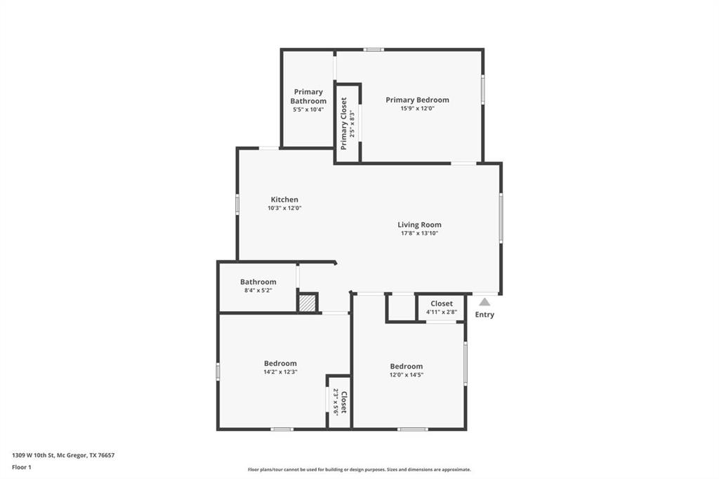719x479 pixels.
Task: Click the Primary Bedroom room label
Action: click(417, 100)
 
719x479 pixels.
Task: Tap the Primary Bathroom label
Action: click(308, 96)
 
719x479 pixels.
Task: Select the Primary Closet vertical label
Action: click(344, 124)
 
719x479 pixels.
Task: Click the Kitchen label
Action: click(284, 199)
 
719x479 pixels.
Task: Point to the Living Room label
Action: click(419, 225)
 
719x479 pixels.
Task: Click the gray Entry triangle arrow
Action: click(484, 302)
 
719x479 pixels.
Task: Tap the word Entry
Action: click(484, 315)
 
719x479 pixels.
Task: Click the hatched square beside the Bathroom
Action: click(307, 303)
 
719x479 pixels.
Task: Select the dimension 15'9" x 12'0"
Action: click(417, 109)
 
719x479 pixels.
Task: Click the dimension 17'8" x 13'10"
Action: click(419, 234)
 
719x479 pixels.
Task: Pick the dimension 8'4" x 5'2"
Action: click(258, 290)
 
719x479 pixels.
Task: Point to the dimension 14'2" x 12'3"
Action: click(280, 372)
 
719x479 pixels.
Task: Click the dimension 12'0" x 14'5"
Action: click(407, 375)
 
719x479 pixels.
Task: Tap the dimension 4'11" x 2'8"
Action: click(442, 312)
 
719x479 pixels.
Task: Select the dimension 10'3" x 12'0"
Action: click(284, 208)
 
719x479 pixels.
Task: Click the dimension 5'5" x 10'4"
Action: click(308, 110)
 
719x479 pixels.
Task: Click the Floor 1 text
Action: click(22, 466)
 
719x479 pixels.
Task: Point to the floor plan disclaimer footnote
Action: click(359, 470)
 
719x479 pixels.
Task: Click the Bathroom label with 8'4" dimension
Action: click(258, 282)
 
